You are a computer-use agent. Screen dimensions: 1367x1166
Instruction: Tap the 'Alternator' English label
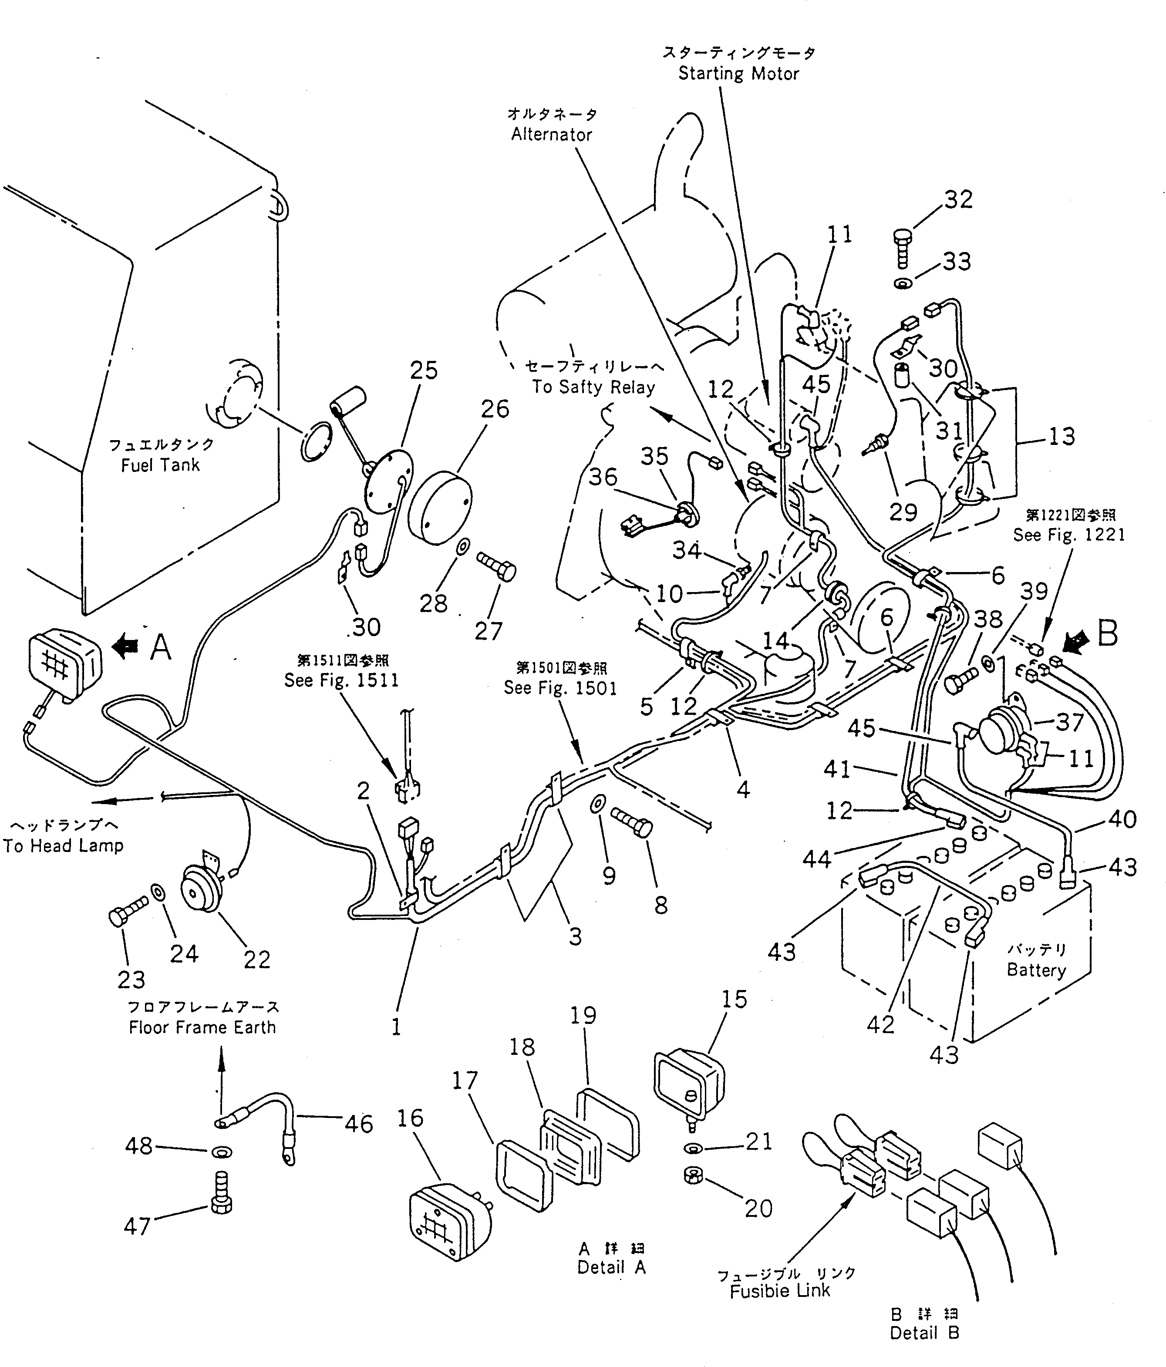coord(552,135)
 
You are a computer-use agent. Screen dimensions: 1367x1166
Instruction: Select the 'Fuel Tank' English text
coord(160,465)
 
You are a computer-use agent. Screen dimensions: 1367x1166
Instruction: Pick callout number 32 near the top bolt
coord(958,199)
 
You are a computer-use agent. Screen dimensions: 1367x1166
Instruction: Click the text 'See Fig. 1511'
coord(341,680)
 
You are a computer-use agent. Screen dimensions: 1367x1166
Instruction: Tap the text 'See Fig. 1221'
coord(1069,535)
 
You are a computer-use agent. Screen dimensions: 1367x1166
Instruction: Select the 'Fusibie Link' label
coord(779,1291)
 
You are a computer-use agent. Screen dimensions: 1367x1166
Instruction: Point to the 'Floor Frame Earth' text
coord(202,1027)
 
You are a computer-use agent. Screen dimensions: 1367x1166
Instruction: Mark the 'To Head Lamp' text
coord(63,846)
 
